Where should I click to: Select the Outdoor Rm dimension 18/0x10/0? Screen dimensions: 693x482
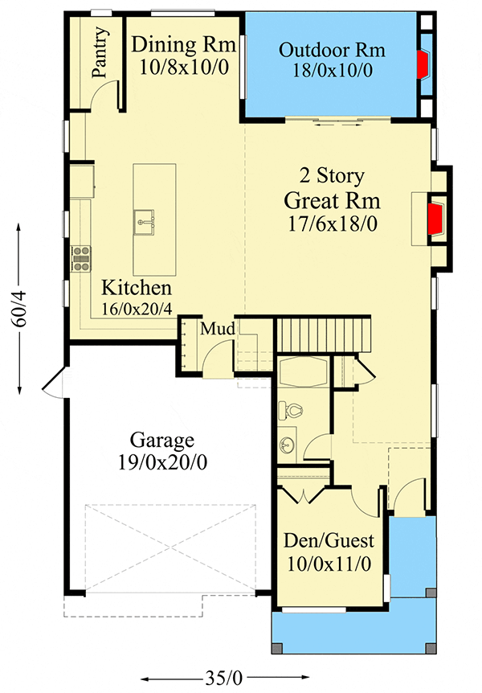click(x=333, y=71)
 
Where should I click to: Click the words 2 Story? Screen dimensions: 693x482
click(x=332, y=175)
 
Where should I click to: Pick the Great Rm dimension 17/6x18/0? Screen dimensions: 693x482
click(x=332, y=223)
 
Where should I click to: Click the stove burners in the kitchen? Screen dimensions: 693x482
click(x=81, y=257)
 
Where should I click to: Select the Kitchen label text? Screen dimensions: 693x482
click(x=137, y=288)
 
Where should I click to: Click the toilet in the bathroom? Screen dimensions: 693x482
click(x=292, y=411)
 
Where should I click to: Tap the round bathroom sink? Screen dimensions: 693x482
click(x=288, y=445)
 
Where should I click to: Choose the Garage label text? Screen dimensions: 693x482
click(x=162, y=441)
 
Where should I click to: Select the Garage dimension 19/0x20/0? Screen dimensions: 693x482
click(x=162, y=462)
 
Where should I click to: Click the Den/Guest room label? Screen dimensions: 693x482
click(x=329, y=541)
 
